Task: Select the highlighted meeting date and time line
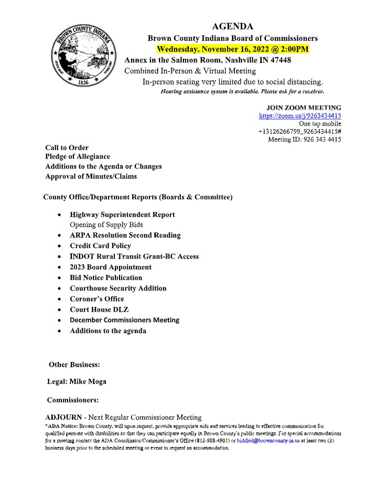232,50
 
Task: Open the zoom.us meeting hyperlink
300,116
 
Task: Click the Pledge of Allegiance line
78,156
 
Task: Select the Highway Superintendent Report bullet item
122,215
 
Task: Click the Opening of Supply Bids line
106,225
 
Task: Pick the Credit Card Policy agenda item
100,246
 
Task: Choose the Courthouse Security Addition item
118,288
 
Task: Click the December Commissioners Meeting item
124,320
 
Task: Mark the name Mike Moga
91,381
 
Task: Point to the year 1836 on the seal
83,82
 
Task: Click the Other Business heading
74,364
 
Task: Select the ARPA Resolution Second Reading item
125,235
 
